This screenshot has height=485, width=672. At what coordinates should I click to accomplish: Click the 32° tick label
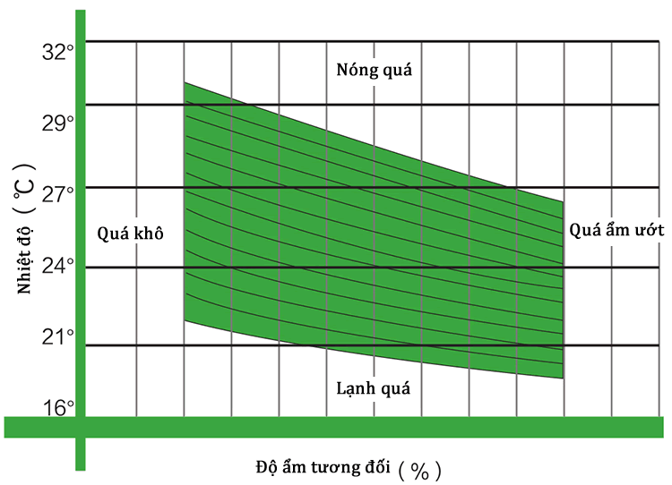click(x=58, y=52)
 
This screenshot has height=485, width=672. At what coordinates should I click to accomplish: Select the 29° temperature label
click(x=58, y=123)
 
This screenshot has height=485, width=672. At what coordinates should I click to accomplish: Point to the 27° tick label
click(x=58, y=194)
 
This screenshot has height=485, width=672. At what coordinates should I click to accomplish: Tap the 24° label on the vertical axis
click(x=58, y=266)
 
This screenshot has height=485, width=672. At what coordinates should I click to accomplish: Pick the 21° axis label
click(x=58, y=336)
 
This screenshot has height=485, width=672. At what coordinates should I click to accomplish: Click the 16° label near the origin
click(x=58, y=408)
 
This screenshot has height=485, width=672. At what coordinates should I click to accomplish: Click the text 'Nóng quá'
click(x=375, y=70)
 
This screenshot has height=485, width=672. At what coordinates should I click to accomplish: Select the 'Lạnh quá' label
click(x=374, y=388)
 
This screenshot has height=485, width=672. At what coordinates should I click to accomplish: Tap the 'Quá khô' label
click(x=130, y=234)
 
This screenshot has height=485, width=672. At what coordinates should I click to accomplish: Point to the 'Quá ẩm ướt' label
click(x=616, y=230)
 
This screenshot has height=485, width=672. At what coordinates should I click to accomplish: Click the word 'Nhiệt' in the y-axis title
click(x=24, y=272)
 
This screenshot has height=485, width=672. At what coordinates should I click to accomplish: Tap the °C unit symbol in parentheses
click(x=24, y=191)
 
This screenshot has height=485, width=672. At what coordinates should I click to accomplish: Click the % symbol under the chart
click(x=419, y=471)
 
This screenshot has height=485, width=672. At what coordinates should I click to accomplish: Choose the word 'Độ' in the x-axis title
click(x=266, y=466)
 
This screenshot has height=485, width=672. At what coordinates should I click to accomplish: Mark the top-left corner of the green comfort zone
click(x=185, y=82)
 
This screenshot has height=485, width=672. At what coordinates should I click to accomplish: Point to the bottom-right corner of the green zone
click(x=563, y=379)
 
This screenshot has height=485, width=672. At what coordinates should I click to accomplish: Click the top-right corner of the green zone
click(x=563, y=201)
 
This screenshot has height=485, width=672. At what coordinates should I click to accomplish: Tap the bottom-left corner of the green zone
click(x=185, y=320)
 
